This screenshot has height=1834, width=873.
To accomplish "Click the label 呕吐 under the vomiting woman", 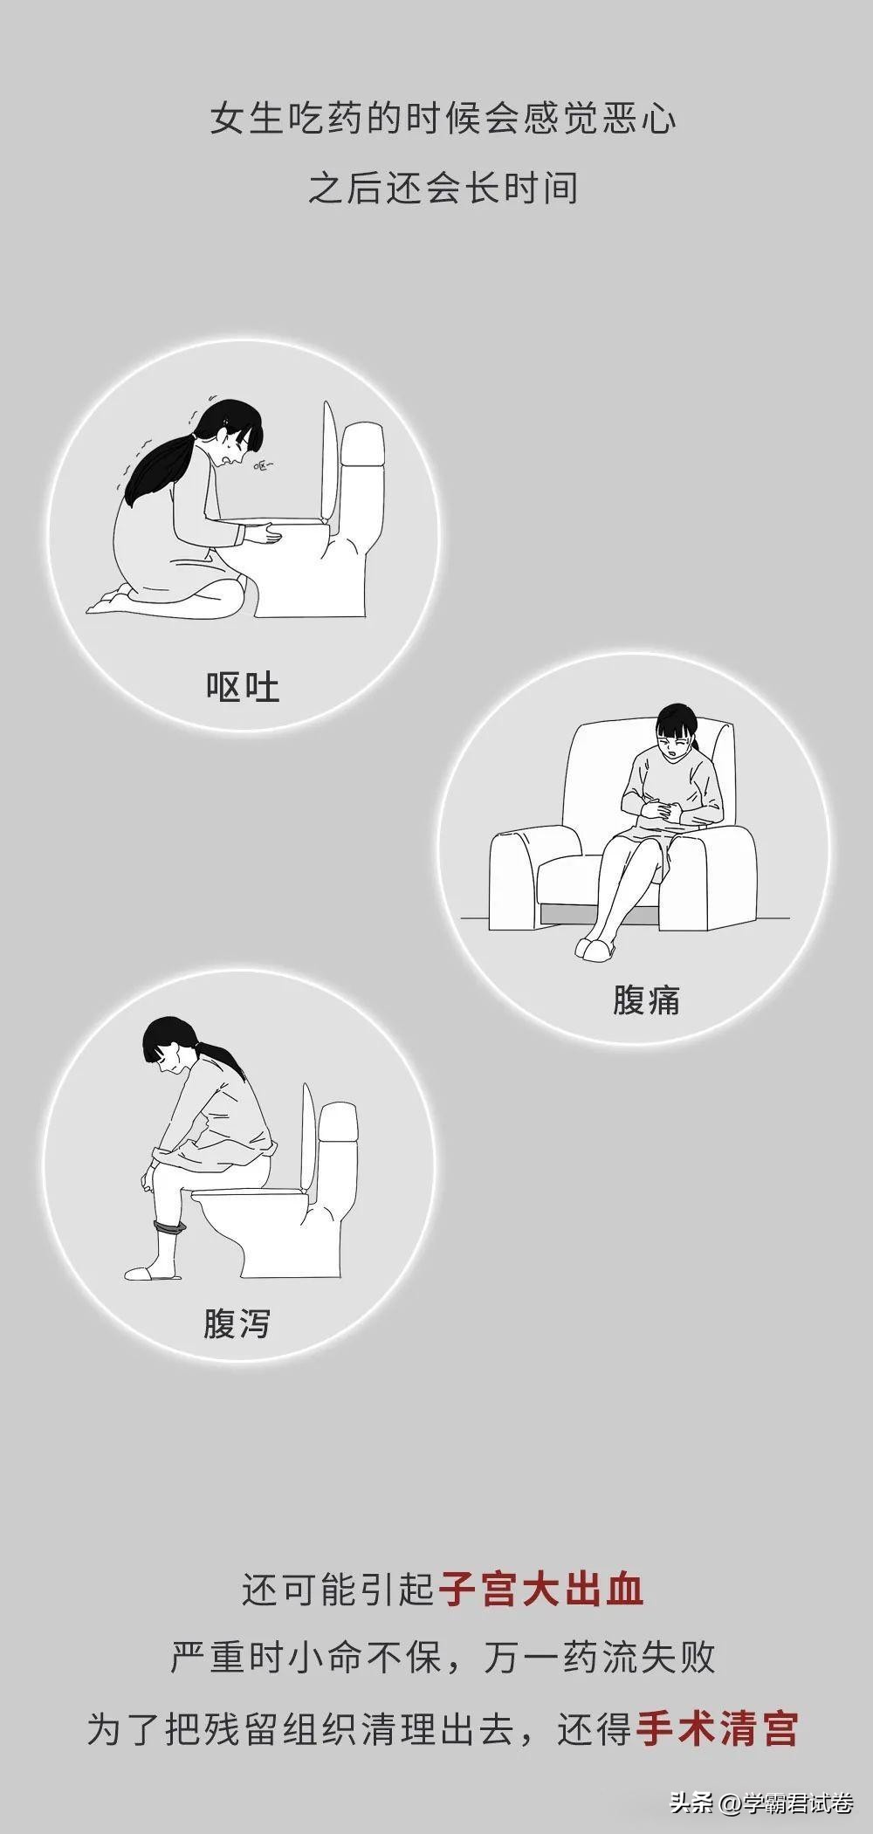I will pos(243,687).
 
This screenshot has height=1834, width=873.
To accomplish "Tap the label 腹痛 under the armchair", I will pos(646,999).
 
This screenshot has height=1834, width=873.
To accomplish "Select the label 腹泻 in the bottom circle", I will pos(237,1323).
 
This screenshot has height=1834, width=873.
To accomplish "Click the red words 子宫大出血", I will pos(540,1590).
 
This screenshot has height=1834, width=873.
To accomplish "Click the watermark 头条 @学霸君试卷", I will pos(760,1800).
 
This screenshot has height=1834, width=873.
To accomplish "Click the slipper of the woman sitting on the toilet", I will pos(153,1273).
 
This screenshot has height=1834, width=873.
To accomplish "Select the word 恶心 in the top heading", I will pos(643,119).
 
